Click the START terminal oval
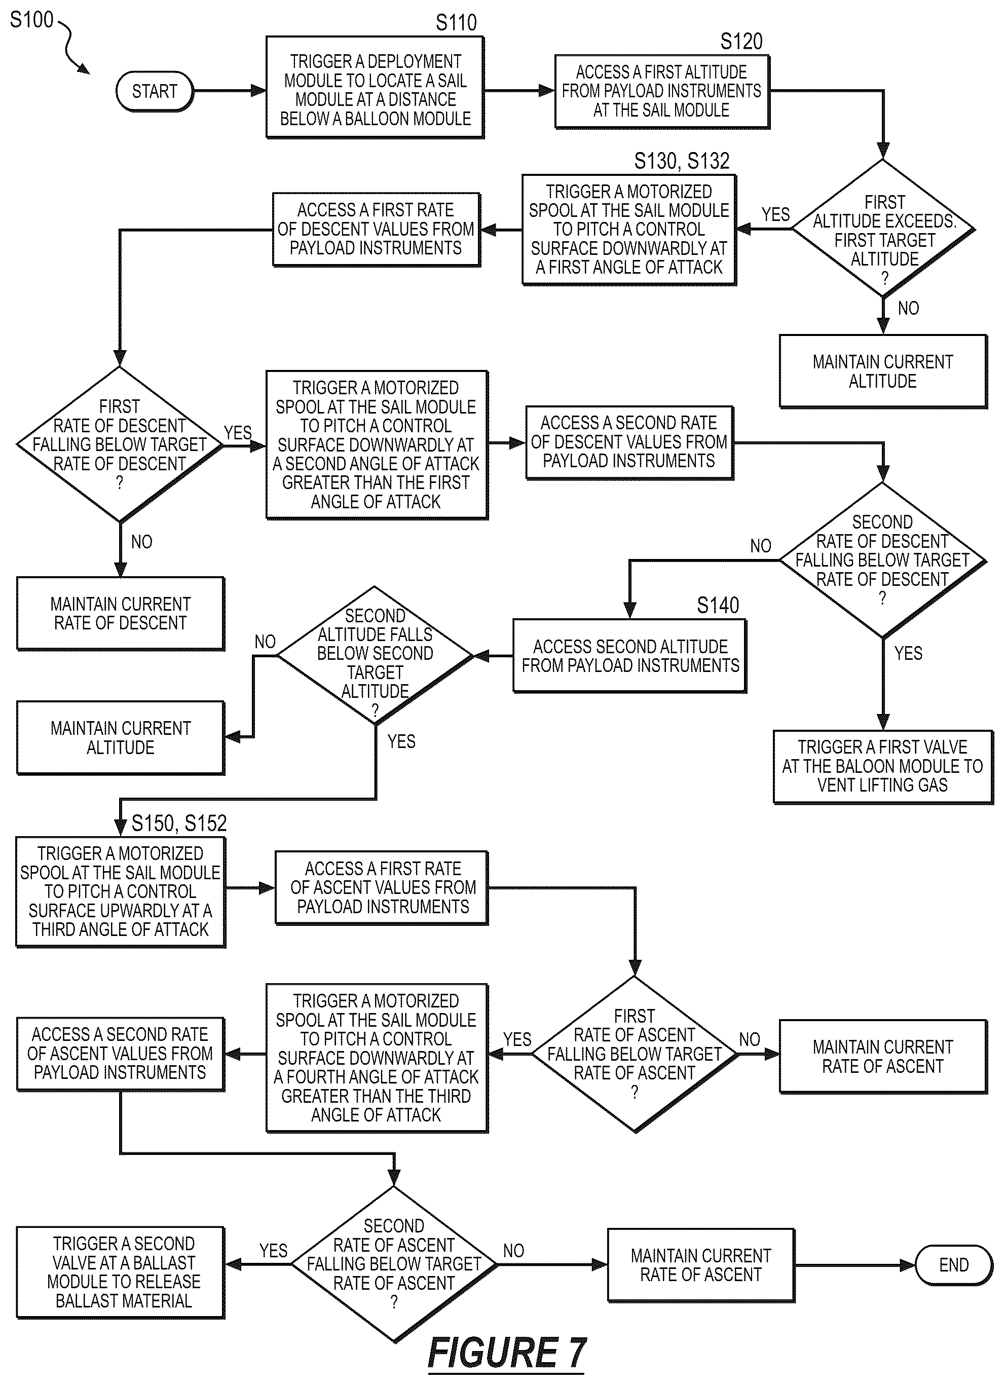click(x=155, y=92)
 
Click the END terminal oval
click(x=954, y=1265)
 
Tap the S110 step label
click(x=456, y=23)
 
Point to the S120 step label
click(x=741, y=42)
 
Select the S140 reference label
click(x=718, y=605)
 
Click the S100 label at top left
click(x=32, y=20)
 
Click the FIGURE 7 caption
click(x=507, y=1352)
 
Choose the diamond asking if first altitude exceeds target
click(x=883, y=229)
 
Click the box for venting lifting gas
click(x=883, y=767)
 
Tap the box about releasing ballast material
click(x=121, y=1272)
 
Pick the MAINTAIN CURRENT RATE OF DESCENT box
click(x=120, y=614)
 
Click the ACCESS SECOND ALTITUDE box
click(x=629, y=656)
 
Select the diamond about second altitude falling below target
click(x=375, y=655)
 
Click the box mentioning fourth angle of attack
click(x=377, y=1058)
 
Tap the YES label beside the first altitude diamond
click(x=775, y=214)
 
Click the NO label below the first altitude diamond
click(x=908, y=309)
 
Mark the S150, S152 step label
click(x=179, y=823)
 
